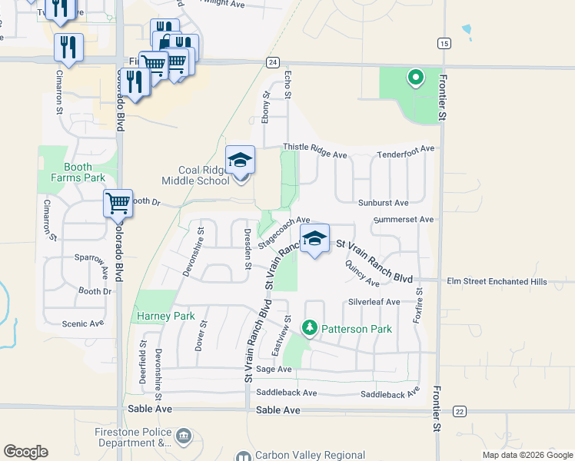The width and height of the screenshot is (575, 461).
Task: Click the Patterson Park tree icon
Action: [x=310, y=329]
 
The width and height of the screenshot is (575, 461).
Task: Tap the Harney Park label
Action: [x=165, y=316]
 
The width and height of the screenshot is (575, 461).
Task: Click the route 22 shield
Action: [x=459, y=411]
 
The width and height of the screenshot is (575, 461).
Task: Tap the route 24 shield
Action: [x=273, y=61]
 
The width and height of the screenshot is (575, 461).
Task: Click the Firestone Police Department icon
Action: [x=184, y=437]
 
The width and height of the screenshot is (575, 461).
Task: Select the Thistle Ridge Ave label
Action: [x=315, y=151]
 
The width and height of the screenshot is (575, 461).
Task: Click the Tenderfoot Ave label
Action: [x=406, y=155]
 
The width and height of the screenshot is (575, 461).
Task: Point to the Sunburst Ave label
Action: [x=383, y=203]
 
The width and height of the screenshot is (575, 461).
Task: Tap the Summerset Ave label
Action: [x=403, y=220]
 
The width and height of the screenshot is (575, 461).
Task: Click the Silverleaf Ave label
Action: [x=374, y=302]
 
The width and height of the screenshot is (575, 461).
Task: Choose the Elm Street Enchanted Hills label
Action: [x=497, y=282]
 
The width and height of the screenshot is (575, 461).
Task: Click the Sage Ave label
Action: [x=274, y=370]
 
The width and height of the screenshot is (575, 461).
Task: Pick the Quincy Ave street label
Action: [x=363, y=273]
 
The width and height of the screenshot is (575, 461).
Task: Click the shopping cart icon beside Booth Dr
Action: [x=118, y=204]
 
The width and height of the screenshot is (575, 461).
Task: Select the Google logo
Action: [x=25, y=452]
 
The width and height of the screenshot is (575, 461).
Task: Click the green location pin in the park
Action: [x=416, y=77]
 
